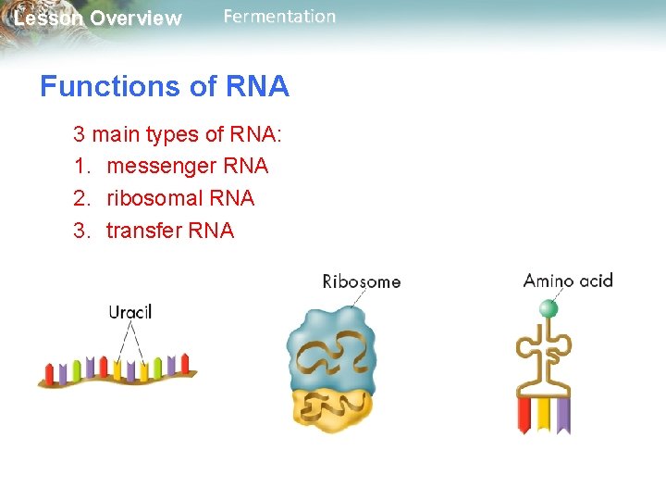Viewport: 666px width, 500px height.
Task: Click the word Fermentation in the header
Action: point(279,17)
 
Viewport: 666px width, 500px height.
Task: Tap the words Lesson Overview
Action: point(98,19)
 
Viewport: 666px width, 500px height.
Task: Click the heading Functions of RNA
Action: point(165,87)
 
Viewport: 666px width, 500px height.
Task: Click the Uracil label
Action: point(130,312)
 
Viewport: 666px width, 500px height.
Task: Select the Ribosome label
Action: point(362,281)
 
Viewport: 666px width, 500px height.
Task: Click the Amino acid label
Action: point(568,281)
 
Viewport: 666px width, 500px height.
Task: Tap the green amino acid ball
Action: point(549,308)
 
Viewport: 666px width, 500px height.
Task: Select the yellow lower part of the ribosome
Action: point(333,408)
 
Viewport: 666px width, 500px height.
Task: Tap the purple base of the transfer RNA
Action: point(562,414)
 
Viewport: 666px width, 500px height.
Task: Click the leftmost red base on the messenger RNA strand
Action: point(50,373)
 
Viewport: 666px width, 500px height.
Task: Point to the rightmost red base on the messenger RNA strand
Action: point(184,363)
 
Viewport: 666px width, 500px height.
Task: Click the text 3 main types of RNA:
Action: point(178,134)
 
